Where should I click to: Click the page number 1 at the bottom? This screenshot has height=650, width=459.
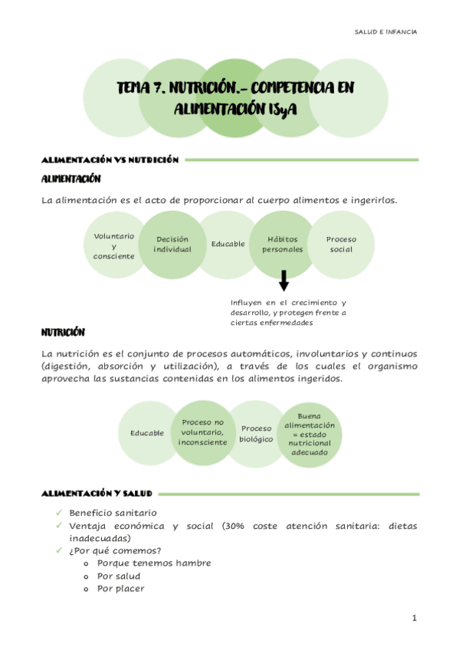414,618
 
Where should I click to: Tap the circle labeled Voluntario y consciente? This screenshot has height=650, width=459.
113,245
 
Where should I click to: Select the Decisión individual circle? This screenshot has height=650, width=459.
172,244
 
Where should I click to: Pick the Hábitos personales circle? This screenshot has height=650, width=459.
283,244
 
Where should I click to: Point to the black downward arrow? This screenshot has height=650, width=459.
284,281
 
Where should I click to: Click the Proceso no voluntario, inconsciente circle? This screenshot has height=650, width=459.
202,432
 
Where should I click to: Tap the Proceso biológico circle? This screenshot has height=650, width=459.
256,434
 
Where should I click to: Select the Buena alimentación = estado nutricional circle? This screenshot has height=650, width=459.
310,434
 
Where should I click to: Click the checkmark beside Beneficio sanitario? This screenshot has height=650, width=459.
59,512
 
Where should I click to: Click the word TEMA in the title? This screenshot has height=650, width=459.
134,90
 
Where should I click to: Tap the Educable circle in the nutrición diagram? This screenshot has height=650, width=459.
147,433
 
